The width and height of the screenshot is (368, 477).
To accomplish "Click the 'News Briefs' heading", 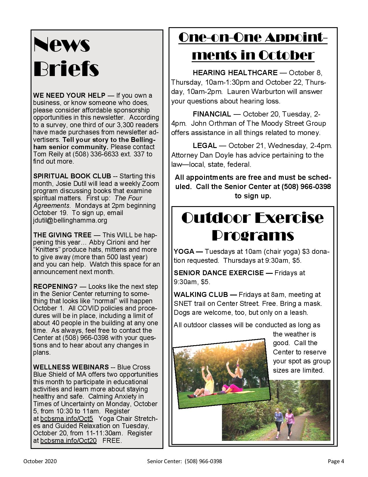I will point(66,57).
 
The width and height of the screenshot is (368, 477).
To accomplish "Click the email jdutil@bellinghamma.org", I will point(70,220).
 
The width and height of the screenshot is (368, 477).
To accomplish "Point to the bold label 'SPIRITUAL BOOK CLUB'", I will point(72,176).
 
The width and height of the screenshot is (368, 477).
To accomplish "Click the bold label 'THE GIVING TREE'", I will point(62,235).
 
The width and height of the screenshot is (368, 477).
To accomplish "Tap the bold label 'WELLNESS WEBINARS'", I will point(71,367).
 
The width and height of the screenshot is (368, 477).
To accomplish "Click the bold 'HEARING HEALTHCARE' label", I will point(235,73).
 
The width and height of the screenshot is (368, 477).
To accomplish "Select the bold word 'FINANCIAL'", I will point(212,114).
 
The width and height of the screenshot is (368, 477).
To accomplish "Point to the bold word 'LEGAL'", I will point(205,146).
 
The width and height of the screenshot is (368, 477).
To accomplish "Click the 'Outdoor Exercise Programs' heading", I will point(253,226).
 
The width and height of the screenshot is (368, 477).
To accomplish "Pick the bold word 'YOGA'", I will point(184,251).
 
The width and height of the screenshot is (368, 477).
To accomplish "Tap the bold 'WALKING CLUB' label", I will point(201,295).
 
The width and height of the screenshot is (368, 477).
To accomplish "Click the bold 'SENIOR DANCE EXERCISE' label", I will point(218,273).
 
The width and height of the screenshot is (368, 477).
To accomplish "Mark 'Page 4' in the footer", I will point(336,461).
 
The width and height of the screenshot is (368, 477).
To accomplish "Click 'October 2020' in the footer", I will point(40,461).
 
